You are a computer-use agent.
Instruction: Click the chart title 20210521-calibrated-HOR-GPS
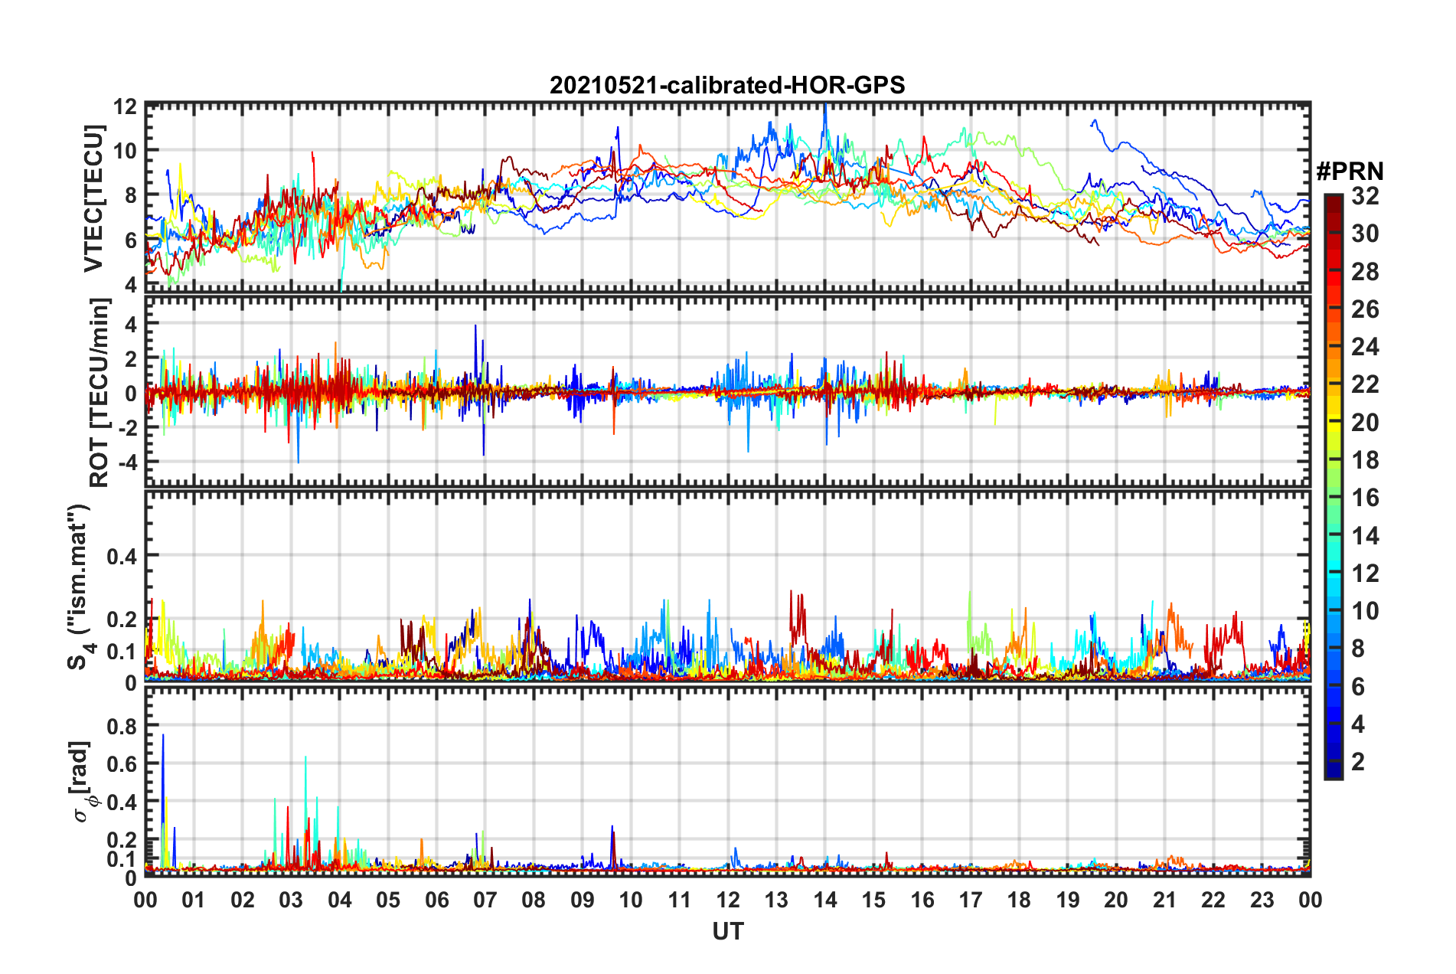click(x=727, y=85)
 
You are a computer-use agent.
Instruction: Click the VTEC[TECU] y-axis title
click(x=93, y=198)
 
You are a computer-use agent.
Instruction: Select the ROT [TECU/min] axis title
click(x=99, y=393)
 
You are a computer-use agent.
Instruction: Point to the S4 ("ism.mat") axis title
click(x=80, y=587)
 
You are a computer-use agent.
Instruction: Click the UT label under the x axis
click(x=727, y=931)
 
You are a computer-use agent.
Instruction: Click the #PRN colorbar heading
click(x=1350, y=172)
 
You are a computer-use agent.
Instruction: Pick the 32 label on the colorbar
click(x=1365, y=196)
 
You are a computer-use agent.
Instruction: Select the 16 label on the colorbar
click(x=1365, y=498)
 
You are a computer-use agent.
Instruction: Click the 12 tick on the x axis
click(x=728, y=900)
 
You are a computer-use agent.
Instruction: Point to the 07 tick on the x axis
click(x=485, y=900)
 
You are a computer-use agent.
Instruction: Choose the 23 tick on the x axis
click(x=1262, y=900)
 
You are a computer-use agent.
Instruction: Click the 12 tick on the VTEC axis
click(x=126, y=106)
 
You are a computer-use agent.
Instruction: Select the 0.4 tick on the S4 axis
click(x=122, y=556)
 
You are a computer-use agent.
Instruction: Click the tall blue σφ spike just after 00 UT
click(x=163, y=737)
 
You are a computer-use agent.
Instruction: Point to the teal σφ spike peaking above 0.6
click(x=305, y=759)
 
